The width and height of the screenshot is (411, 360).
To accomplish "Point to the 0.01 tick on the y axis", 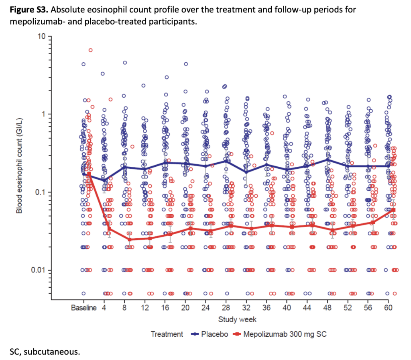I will click(40, 270).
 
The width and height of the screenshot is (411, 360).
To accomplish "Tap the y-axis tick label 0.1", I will click(41, 192).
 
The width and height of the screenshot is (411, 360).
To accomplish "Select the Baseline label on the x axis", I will click(83, 308).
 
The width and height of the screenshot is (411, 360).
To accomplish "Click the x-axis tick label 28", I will click(226, 308).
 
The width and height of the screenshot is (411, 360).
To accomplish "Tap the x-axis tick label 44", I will click(307, 308).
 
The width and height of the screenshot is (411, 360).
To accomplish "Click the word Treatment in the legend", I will click(167, 334).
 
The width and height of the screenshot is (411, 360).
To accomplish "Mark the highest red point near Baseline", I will click(90, 50).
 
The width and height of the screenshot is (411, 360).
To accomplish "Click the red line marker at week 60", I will click(393, 210).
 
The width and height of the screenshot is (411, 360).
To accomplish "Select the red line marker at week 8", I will click(130, 239).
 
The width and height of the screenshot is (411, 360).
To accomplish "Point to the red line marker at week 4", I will click(109, 229).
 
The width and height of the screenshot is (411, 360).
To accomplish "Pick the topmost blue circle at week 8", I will click(124, 63).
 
